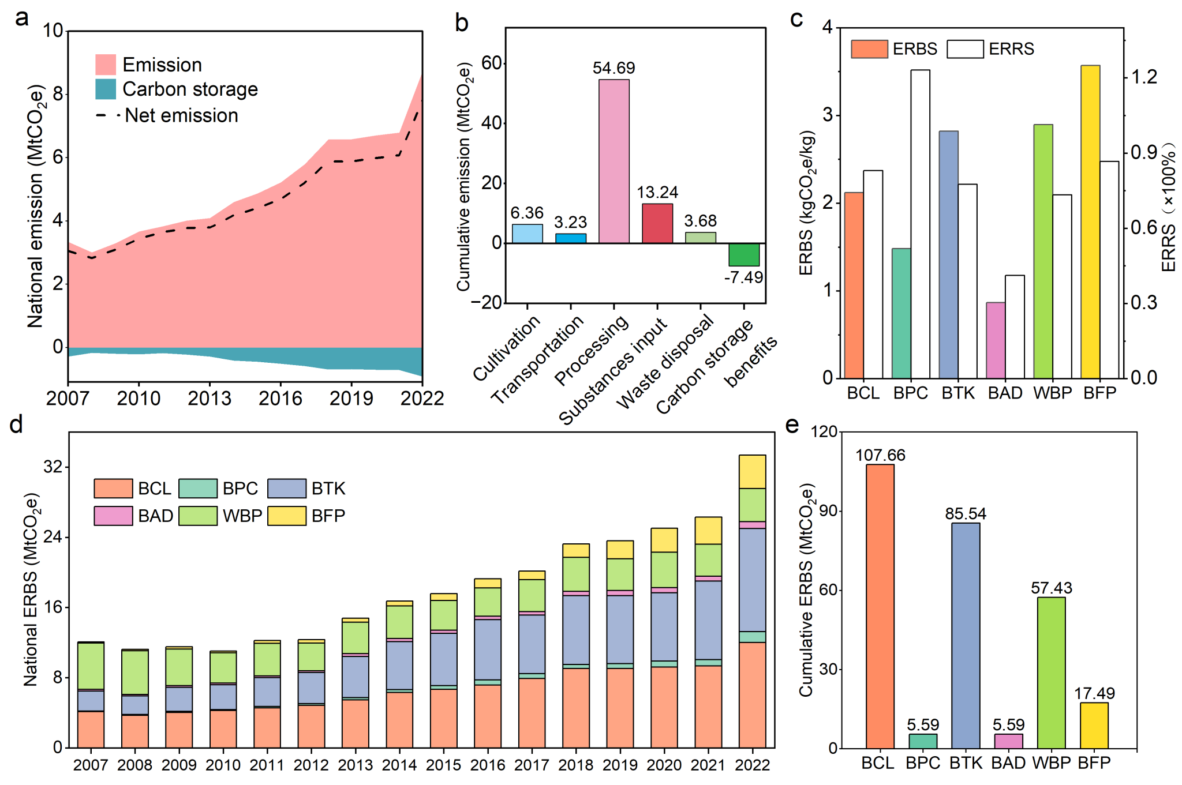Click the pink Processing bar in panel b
coord(614,161)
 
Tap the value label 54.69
coord(614,68)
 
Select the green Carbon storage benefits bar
coord(743,254)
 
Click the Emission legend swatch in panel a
coord(106,65)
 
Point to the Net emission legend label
coord(181,115)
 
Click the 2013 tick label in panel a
coord(210,399)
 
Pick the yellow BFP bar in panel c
coord(1090,222)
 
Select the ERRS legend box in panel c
coord(965,49)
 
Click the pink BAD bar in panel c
coord(996,340)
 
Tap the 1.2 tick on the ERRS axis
coord(1143,77)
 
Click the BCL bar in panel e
coord(880,606)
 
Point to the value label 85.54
coord(966,513)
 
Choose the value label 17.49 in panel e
coord(1094,693)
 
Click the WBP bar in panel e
coord(1051,673)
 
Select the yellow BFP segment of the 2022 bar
coord(752,472)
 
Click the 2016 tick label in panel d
coord(488,765)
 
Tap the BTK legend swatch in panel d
coord(287,489)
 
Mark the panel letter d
coord(16,425)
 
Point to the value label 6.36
coord(527,213)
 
